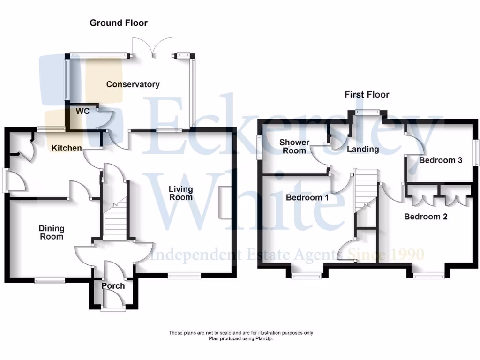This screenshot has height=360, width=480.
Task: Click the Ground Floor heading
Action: click(119, 23)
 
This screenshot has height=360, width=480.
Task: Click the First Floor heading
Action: click(367, 95)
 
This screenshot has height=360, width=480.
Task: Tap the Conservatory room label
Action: click(133, 85)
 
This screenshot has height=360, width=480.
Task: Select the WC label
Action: click(82, 112)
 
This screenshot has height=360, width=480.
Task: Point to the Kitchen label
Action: click(67, 148)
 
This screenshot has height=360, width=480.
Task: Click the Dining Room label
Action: click(52, 232)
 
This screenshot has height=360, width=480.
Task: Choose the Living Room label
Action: click(181, 193)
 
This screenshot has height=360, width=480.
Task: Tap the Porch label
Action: click(113, 286)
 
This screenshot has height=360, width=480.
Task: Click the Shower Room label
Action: click(294, 146)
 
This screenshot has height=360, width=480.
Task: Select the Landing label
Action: click(363, 150)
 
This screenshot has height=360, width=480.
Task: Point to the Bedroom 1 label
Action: click(307, 198)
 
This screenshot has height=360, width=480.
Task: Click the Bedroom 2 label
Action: click(426, 217)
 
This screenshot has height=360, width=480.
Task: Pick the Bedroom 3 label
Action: click(441, 160)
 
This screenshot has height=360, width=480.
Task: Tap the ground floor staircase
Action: click(115, 220)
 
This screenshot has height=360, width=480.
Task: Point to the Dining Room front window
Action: click(50, 280)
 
